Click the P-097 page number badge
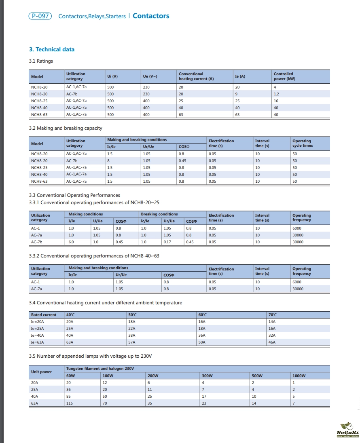40,16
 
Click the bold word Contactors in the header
151,16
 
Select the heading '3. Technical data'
52,49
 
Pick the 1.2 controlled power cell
276,94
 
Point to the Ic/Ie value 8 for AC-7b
108,161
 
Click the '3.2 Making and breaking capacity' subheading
66,128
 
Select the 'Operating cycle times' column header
303,143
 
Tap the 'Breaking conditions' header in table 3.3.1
159,214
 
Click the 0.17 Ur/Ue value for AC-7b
167,242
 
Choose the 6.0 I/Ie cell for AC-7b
71,242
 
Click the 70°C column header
273,315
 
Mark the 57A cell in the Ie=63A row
132,342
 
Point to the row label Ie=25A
38,329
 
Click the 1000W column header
299,375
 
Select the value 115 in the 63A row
69,403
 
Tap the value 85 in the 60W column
68,397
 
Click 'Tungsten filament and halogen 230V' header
100,369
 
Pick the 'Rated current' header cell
44,315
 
